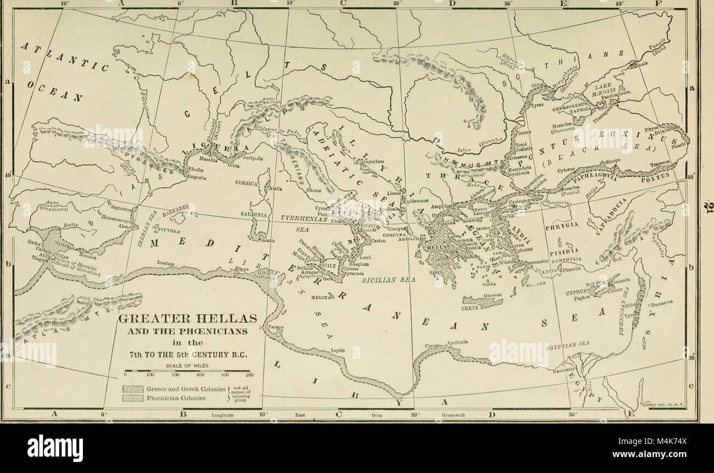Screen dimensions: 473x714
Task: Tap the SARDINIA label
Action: (x=252, y=214)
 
